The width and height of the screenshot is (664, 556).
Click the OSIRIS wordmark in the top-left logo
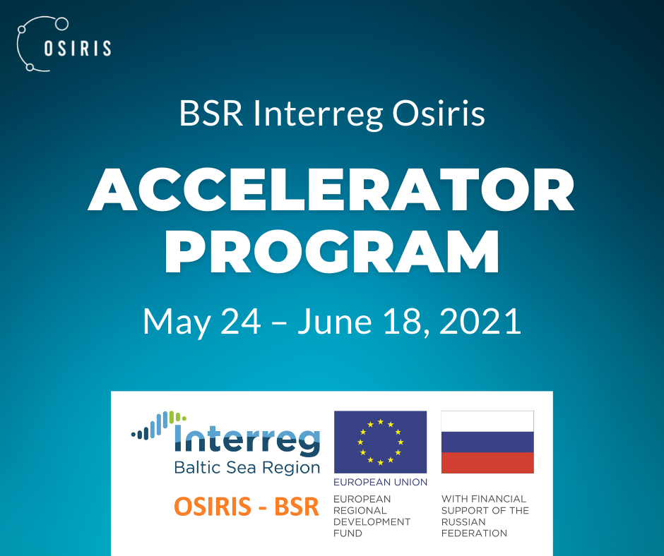click(x=78, y=48)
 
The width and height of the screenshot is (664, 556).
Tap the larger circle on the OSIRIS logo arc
click(x=62, y=24)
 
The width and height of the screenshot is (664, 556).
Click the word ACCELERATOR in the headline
click(x=331, y=189)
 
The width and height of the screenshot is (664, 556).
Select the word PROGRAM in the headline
click(x=332, y=251)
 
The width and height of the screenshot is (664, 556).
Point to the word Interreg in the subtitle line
click(x=318, y=114)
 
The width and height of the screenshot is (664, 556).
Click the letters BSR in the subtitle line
click(x=211, y=114)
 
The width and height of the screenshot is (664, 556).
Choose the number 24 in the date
click(x=241, y=321)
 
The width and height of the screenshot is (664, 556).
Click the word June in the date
click(x=335, y=321)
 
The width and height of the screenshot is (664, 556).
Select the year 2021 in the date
click(x=480, y=321)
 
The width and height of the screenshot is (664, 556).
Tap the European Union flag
click(x=380, y=442)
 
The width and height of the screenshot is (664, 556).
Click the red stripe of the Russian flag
click(x=487, y=463)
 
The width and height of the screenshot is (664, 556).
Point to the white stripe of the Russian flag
click(x=487, y=421)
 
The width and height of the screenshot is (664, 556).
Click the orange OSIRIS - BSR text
click(x=247, y=507)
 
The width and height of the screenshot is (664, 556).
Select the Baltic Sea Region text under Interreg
click(x=247, y=468)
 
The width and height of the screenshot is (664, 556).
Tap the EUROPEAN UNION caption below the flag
click(x=380, y=483)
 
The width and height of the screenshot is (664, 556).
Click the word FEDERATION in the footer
click(x=474, y=533)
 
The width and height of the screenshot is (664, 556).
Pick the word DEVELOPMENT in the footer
click(x=372, y=521)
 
